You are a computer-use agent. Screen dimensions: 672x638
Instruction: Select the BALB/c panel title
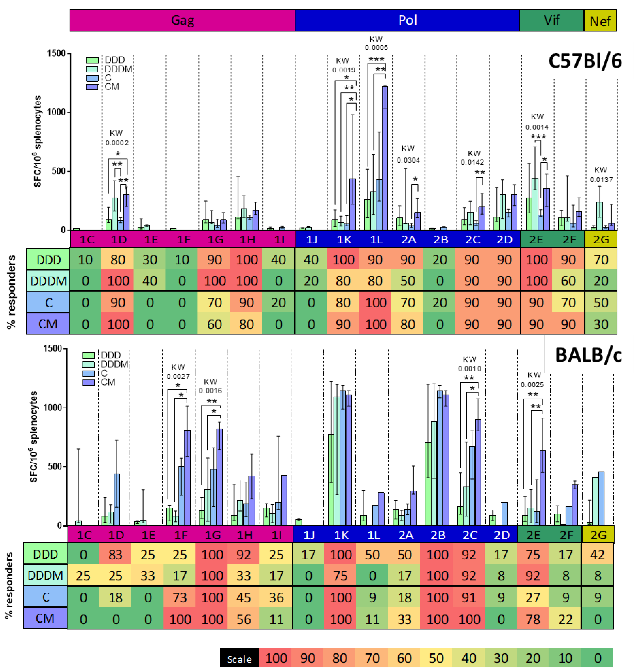[x=588, y=355]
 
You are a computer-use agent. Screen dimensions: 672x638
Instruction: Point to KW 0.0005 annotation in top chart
[x=376, y=43]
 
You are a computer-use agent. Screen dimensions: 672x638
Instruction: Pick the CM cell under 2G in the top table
[x=601, y=324]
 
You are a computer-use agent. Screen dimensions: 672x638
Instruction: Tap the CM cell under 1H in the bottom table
[x=244, y=619]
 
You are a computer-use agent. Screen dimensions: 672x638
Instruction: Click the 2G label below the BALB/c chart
[x=598, y=535]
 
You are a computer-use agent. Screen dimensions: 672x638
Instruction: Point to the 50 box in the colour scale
[x=436, y=658]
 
